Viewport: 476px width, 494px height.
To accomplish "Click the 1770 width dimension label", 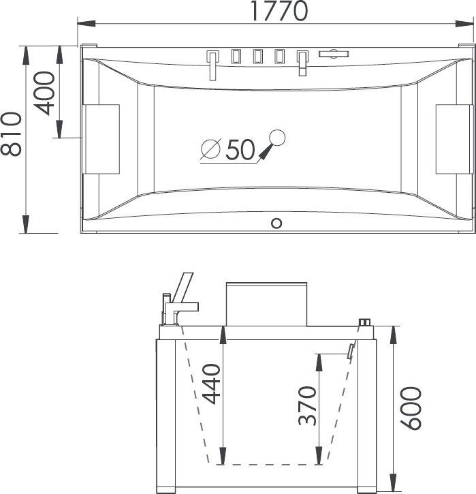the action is (279, 11).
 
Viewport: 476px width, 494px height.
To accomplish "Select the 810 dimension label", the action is (12, 134).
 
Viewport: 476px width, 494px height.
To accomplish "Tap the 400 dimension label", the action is (44, 93).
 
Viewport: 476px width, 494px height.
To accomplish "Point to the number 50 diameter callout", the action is (240, 149).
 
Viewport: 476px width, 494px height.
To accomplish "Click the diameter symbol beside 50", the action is (210, 149).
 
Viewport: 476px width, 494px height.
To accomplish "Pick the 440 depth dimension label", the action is (211, 384).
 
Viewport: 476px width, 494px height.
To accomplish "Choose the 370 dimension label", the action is (307, 406).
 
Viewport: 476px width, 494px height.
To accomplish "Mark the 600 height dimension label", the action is (411, 408).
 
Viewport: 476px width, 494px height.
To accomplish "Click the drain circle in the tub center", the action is (277, 138).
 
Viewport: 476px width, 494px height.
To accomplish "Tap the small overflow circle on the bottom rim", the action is (276, 223).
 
